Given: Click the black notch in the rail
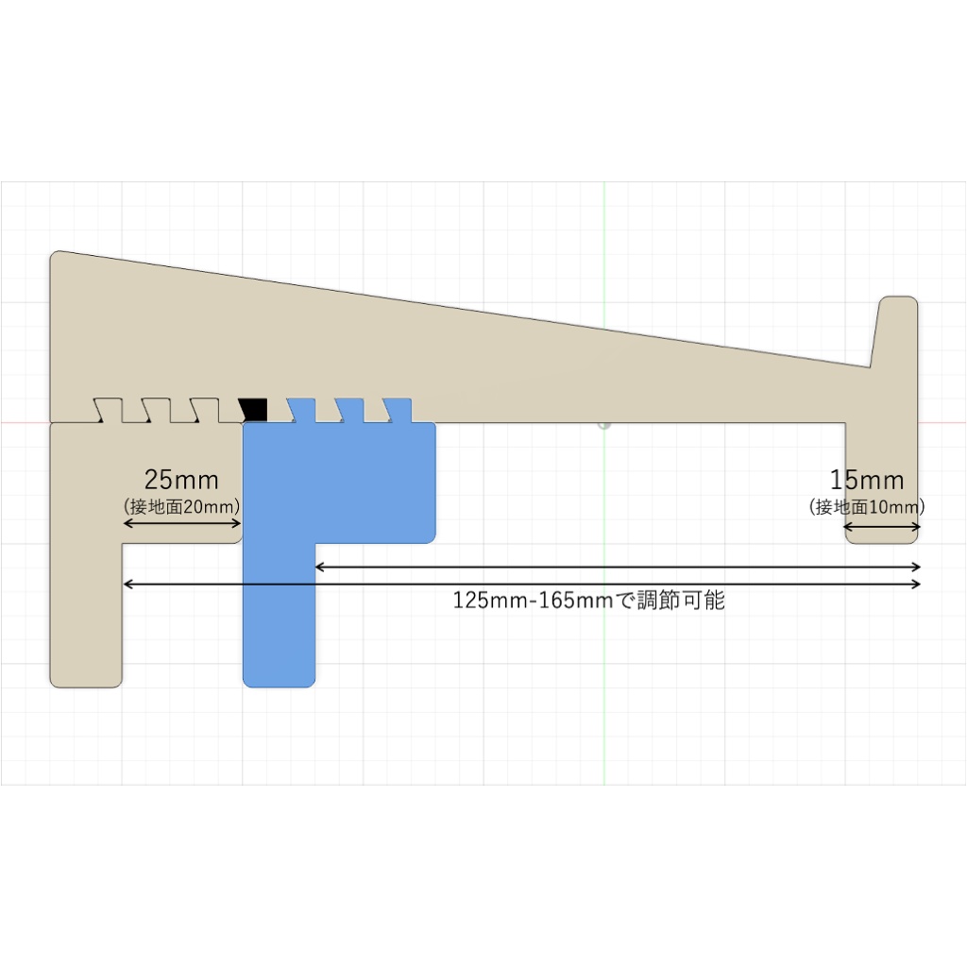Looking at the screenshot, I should coord(254,410).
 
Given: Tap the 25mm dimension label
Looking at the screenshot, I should coord(181,480).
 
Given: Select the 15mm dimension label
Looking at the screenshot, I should coord(867,480).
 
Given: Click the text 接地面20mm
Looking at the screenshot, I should coord(182,506).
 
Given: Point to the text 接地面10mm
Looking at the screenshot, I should coord(867,506).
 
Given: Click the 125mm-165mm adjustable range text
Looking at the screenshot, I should coord(589,601).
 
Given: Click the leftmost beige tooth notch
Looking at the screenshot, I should coord(110,410).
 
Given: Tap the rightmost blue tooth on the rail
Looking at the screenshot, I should coord(399,410).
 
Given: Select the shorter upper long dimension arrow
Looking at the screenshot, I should coord(618,567).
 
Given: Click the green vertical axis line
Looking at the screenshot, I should coord(604,283).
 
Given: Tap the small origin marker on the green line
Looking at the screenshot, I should coord(604,425).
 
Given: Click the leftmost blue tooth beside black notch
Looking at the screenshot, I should coord(301,410).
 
